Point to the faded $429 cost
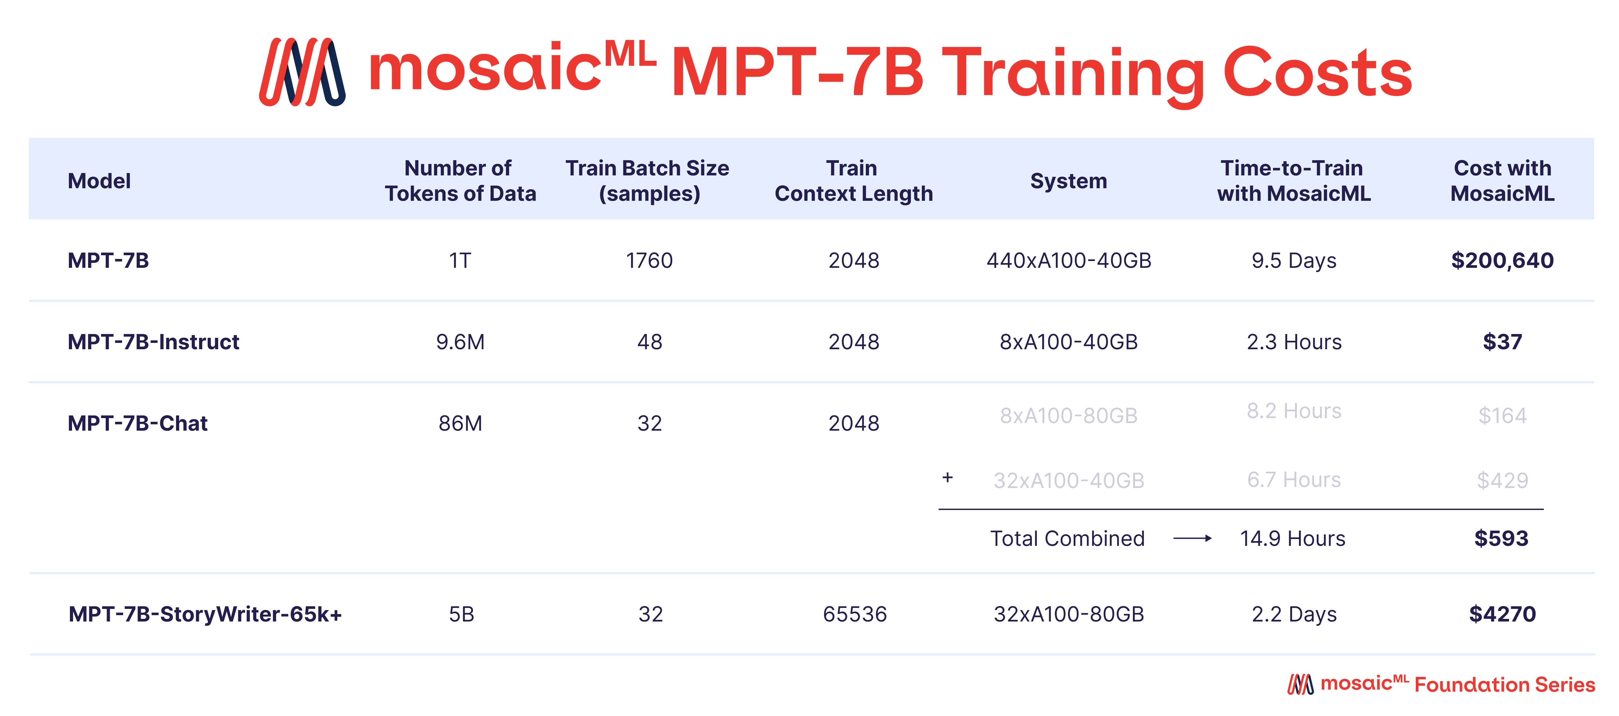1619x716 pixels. tap(1502, 480)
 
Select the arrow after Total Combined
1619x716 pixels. tap(1192, 538)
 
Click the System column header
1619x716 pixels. tap(1069, 181)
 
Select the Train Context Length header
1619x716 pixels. tap(853, 181)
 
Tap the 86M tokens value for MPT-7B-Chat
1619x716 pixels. tap(460, 423)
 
